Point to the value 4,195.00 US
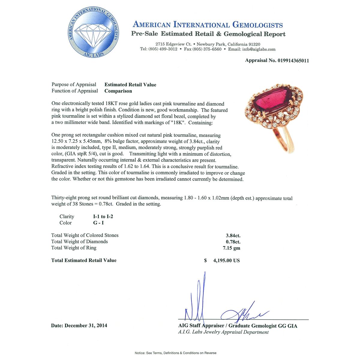pyautogui.click(x=226, y=260)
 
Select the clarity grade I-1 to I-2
pyautogui.click(x=103, y=217)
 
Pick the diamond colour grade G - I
pyautogui.click(x=98, y=223)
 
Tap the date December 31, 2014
pyautogui.click(x=86, y=325)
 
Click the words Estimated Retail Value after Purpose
pyautogui.click(x=130, y=85)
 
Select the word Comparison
pyautogui.click(x=118, y=91)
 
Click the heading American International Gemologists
pyautogui.click(x=208, y=25)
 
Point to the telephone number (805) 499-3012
pyautogui.click(x=163, y=49)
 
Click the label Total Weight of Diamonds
pyautogui.click(x=79, y=241)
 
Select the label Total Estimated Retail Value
pyautogui.click(x=84, y=260)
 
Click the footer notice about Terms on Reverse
pyautogui.click(x=175, y=353)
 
